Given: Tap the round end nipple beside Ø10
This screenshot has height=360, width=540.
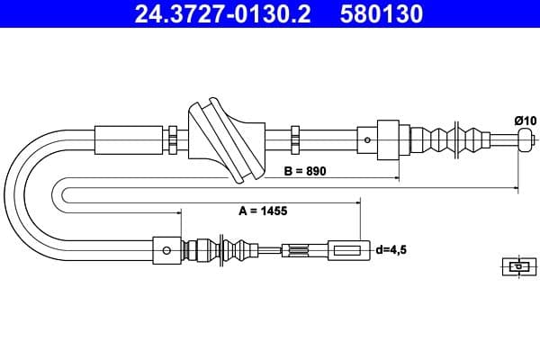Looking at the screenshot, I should pyautogui.click(x=526, y=139).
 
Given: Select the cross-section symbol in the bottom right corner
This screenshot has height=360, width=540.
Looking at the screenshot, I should pyautogui.click(x=517, y=266).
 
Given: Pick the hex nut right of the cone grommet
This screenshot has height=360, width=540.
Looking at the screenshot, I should pyautogui.click(x=295, y=139).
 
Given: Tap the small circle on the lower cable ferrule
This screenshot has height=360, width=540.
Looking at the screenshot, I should pyautogui.click(x=166, y=249).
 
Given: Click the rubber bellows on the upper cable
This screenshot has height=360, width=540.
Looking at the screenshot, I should pyautogui.click(x=455, y=139).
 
